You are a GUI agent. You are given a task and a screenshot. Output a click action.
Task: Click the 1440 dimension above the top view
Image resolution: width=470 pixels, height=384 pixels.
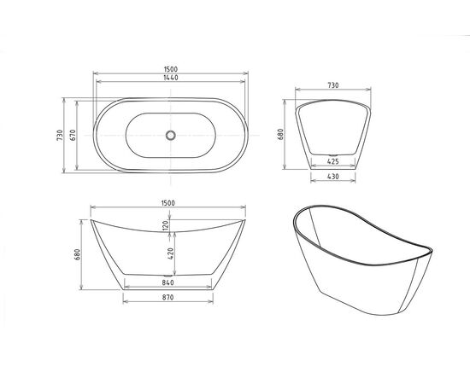tap(171, 77)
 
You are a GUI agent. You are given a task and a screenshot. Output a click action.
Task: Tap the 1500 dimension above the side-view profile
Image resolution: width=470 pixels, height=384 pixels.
tap(167, 202)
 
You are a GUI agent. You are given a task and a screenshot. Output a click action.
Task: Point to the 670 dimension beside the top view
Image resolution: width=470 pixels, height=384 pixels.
tap(74, 135)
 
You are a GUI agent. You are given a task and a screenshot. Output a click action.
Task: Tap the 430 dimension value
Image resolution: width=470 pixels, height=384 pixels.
tap(335, 176)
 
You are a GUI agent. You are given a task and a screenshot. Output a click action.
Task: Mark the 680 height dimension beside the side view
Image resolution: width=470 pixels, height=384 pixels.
tap(78, 254)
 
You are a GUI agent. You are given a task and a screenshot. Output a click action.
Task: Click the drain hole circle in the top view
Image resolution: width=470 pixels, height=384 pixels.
tap(170, 135)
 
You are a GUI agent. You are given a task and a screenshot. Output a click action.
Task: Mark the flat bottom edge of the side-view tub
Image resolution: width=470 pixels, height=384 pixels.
tap(167, 275)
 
